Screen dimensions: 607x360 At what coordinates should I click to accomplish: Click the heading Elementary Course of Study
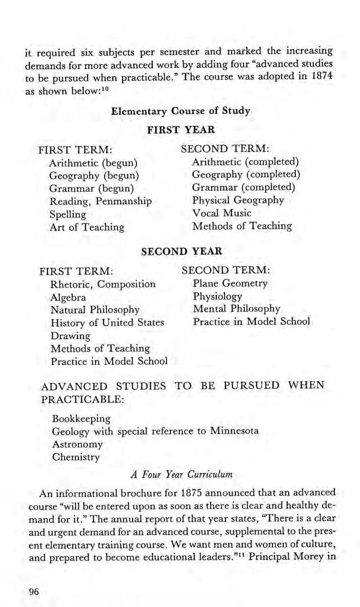pyautogui.click(x=180, y=111)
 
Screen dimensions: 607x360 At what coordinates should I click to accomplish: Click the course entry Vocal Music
pyautogui.click(x=222, y=213)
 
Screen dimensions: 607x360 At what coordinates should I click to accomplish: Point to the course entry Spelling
pyautogui.click(x=68, y=214)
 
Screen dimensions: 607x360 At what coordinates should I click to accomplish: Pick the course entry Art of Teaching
pyautogui.click(x=87, y=227)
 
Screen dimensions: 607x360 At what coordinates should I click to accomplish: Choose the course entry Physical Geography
pyautogui.click(x=238, y=200)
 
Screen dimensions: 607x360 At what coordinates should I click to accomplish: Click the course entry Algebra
pyautogui.click(x=68, y=297)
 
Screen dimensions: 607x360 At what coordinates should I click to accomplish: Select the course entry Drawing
pyautogui.click(x=70, y=336)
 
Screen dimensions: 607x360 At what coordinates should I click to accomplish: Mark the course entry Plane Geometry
pyautogui.click(x=230, y=283)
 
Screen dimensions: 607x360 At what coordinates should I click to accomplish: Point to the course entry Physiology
pyautogui.click(x=217, y=297)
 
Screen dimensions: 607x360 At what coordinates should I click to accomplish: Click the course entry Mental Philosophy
pyautogui.click(x=236, y=309)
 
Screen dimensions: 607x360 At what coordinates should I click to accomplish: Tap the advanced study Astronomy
pyautogui.click(x=77, y=444)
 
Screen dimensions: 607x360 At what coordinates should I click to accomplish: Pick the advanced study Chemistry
pyautogui.click(x=76, y=457)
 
